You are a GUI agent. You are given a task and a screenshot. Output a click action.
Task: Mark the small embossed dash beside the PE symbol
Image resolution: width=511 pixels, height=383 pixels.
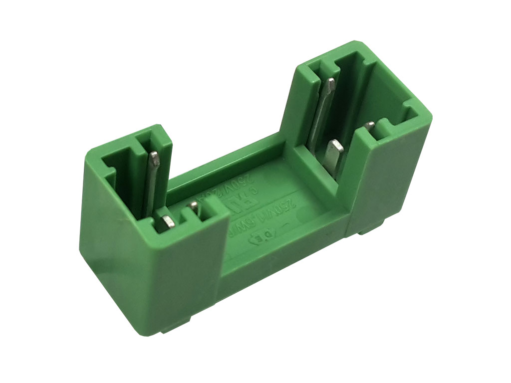286,224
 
